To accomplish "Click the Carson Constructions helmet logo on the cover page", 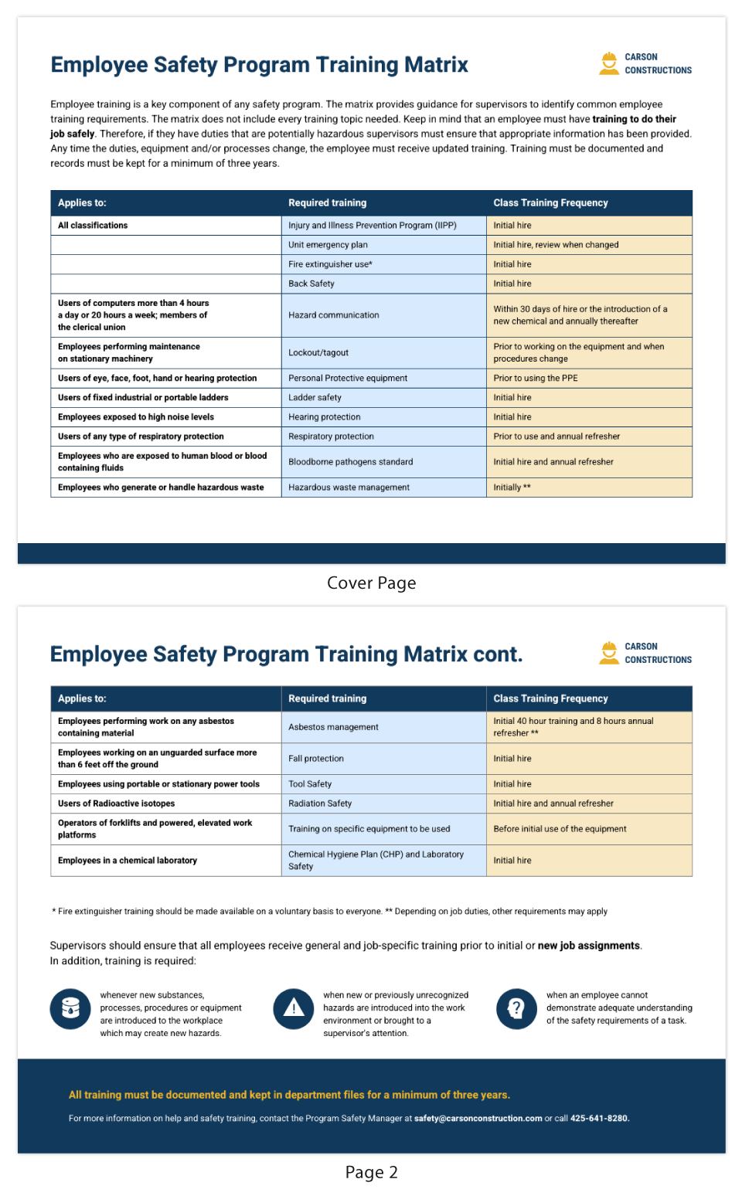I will click(x=609, y=63).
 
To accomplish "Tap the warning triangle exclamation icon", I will click(x=294, y=1009).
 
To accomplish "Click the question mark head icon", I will click(x=516, y=1009).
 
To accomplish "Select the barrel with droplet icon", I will click(x=70, y=1009).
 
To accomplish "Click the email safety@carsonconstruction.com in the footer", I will click(x=478, y=1119).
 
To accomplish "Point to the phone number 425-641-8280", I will click(x=599, y=1119).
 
